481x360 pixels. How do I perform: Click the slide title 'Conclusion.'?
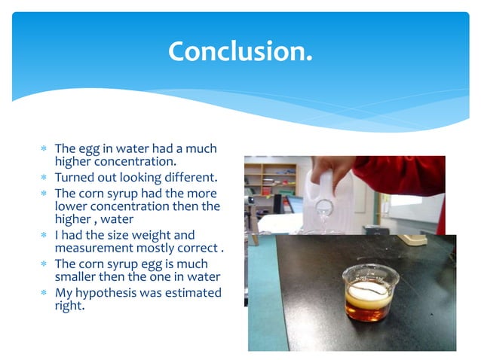pyautogui.click(x=240, y=51)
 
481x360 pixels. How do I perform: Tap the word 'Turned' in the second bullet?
pyautogui.click(x=75, y=178)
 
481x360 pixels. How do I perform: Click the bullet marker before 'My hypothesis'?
pyautogui.click(x=44, y=293)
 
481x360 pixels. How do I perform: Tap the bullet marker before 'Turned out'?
pyautogui.click(x=44, y=178)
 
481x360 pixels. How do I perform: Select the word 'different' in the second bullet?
pyautogui.click(x=187, y=178)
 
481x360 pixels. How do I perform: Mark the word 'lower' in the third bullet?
pyautogui.click(x=70, y=206)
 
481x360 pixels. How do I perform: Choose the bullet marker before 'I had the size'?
pyautogui.click(x=44, y=236)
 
